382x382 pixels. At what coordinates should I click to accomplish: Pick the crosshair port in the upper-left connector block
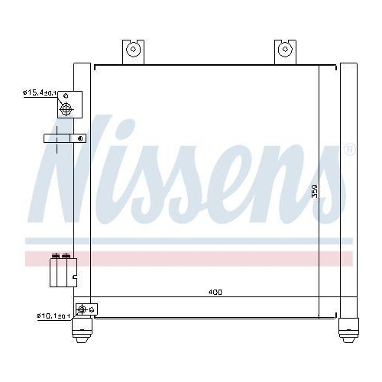(68, 109)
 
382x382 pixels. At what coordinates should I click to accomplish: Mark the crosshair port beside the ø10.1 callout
(81, 311)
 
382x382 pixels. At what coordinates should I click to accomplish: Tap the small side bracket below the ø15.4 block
(64, 138)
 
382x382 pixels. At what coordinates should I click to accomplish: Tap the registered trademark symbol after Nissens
(349, 149)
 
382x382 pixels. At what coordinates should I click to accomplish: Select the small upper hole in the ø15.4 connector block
(67, 95)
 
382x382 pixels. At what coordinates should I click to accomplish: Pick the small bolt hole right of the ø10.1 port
(92, 309)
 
